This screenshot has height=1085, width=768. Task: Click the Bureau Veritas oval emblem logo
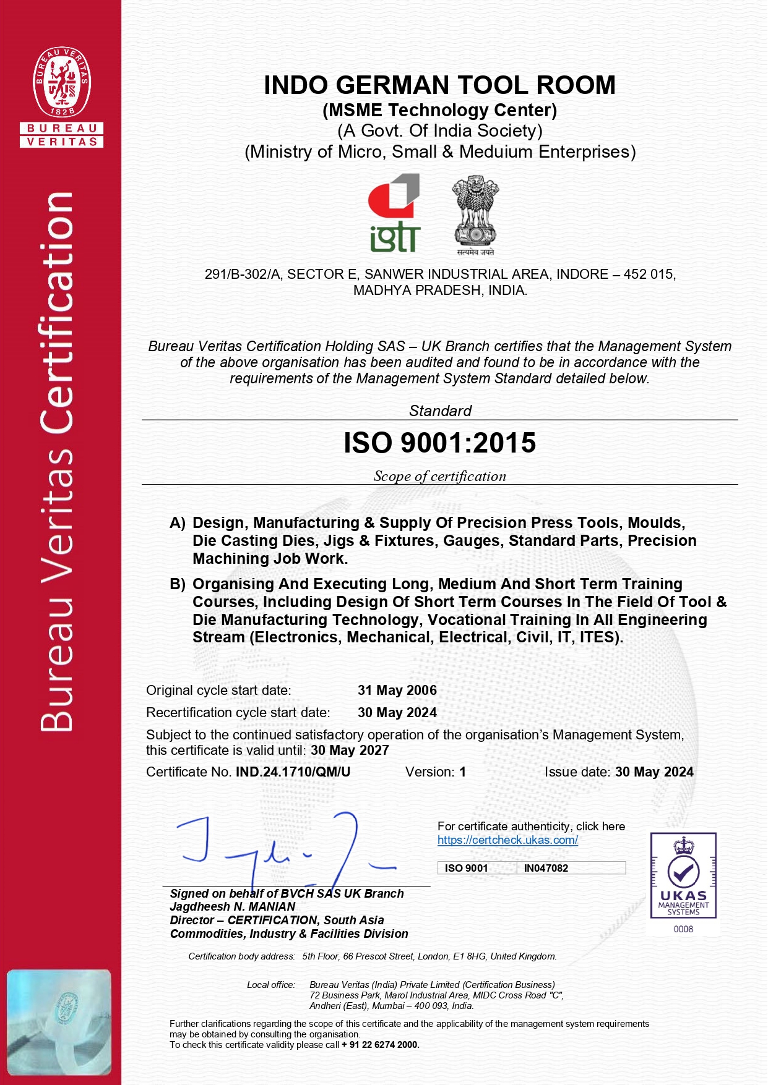(62, 81)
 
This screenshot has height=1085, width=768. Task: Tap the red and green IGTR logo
(395, 213)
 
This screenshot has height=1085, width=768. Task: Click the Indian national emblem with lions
(475, 215)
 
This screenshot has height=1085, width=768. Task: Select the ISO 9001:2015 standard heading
(439, 443)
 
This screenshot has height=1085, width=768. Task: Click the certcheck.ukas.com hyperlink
(507, 840)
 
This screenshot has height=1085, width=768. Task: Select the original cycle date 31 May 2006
(397, 691)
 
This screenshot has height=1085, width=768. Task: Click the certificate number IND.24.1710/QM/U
(293, 772)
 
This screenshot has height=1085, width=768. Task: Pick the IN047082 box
(546, 868)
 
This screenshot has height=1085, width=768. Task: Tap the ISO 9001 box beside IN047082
(466, 868)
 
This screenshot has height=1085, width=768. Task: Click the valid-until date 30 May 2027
(350, 751)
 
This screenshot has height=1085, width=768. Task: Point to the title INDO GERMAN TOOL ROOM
(439, 85)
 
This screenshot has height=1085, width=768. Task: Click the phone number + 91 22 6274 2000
(380, 1045)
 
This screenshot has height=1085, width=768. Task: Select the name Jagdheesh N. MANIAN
(233, 907)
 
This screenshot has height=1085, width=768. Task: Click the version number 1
(462, 772)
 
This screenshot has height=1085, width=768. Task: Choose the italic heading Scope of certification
(439, 476)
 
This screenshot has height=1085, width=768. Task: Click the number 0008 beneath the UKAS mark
(683, 929)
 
